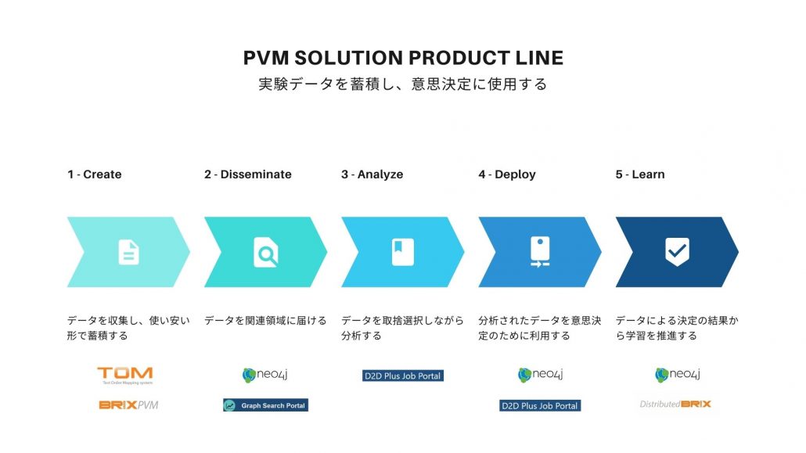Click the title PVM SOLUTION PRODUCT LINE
tap(403, 59)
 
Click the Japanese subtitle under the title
tap(403, 84)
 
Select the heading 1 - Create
tap(94, 174)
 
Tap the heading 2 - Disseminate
tap(247, 174)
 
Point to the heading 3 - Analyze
tap(372, 174)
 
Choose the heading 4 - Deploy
tap(507, 174)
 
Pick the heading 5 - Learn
tap(639, 174)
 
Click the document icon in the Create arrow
tap(128, 252)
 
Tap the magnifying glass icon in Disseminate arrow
tap(265, 252)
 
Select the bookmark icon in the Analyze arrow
tap(402, 252)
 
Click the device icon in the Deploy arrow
tap(539, 252)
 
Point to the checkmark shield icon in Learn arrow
tap(677, 252)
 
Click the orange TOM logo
tap(124, 375)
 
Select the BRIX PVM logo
tap(128, 405)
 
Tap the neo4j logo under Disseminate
tap(265, 375)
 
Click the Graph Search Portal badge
tap(265, 405)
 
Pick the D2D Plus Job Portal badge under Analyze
tap(403, 376)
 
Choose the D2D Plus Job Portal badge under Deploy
tap(540, 405)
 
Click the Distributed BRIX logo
tap(675, 404)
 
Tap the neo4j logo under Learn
tap(677, 375)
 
